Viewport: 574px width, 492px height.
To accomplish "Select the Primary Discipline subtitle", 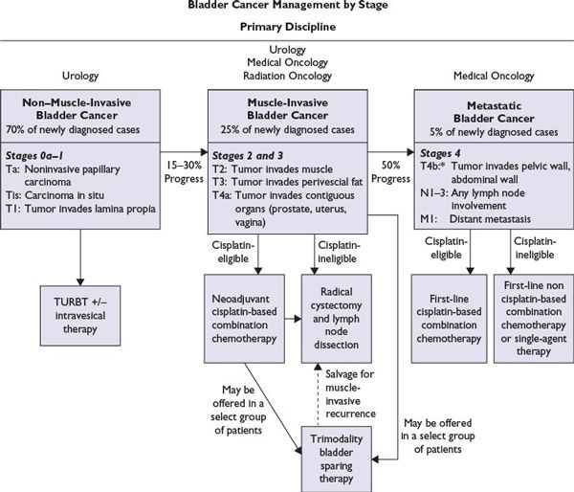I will [x=286, y=27].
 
